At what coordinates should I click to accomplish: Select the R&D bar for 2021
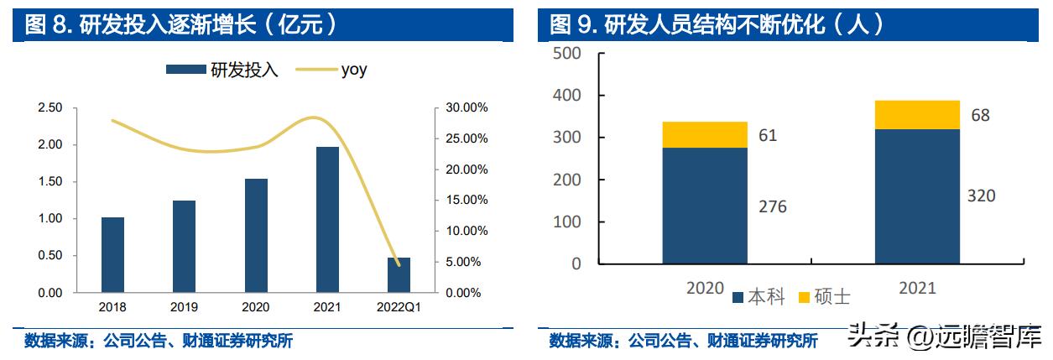(x=327, y=220)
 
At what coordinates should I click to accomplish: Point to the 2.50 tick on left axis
(x=50, y=108)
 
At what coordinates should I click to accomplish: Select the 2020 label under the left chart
(x=256, y=307)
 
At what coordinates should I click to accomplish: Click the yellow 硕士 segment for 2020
(x=705, y=134)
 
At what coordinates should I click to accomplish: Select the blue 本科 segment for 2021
(x=917, y=196)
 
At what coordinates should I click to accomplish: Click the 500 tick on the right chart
(x=566, y=54)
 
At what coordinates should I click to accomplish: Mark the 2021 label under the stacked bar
(x=916, y=289)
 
